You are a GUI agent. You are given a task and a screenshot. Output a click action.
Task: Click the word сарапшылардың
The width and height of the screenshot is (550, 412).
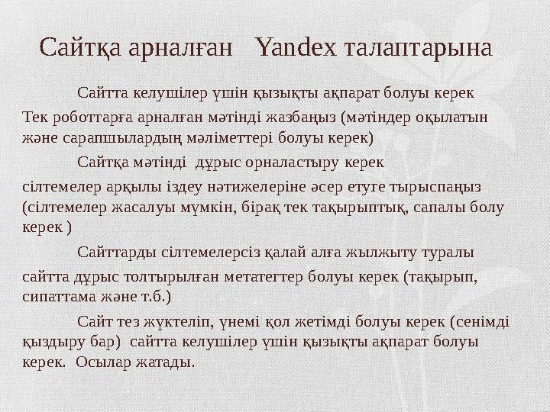click(117, 139)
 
